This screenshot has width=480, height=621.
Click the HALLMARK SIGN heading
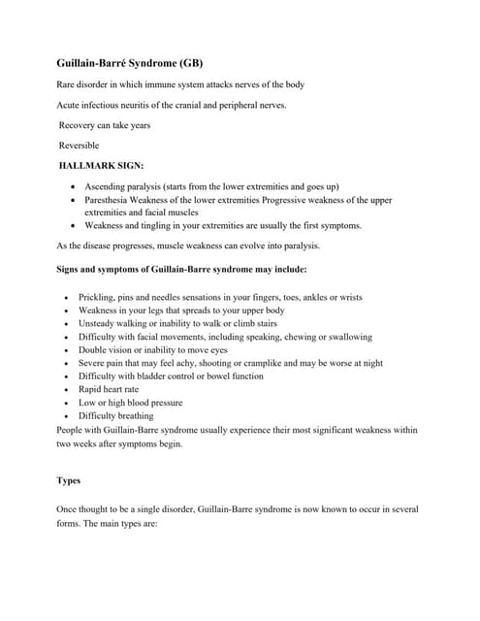pyautogui.click(x=101, y=165)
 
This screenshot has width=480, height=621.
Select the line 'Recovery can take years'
pyautogui.click(x=105, y=125)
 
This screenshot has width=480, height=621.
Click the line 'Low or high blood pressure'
pyautogui.click(x=130, y=402)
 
